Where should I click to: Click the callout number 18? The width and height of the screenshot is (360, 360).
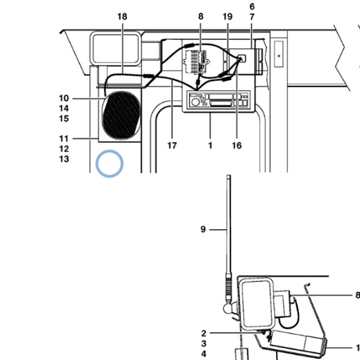[122, 17]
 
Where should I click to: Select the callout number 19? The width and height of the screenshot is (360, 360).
[227, 17]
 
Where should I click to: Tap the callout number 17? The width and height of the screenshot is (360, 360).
[172, 145]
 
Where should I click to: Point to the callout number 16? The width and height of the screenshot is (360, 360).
[237, 145]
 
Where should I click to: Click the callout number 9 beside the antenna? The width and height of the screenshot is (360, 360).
[203, 229]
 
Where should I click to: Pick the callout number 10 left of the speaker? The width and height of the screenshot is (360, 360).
[64, 98]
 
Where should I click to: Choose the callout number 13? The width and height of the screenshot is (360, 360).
[64, 159]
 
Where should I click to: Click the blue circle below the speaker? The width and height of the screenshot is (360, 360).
[110, 164]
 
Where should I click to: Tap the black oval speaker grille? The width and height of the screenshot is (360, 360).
[121, 115]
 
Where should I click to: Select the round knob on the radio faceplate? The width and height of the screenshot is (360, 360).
[196, 102]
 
